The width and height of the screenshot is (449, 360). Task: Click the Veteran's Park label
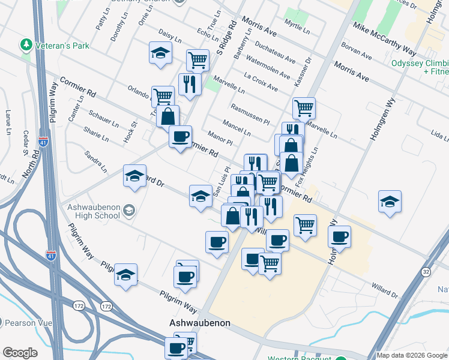point(63,45)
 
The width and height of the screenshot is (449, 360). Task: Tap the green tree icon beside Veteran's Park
point(26,44)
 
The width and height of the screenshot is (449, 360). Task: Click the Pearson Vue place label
point(29,322)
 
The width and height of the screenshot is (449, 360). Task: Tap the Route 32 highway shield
point(426,272)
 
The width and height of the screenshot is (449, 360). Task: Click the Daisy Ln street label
point(170,37)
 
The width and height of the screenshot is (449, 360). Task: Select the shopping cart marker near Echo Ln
point(197,59)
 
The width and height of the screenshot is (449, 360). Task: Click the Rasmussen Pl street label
point(250,112)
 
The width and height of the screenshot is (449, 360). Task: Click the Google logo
point(20,353)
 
